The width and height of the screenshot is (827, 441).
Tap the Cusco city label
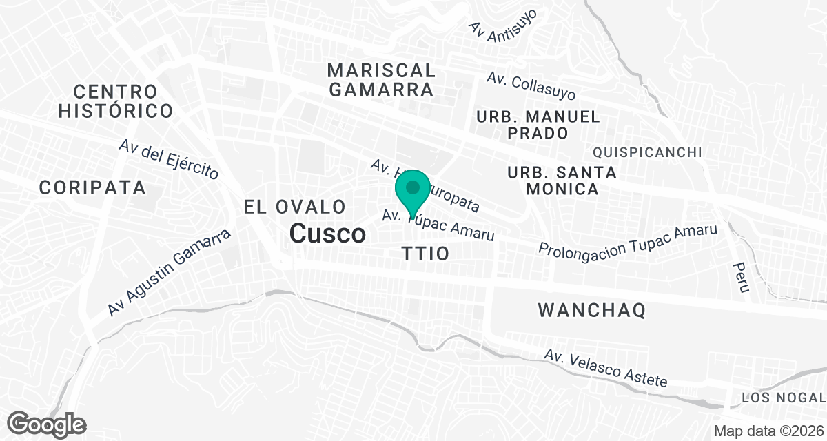pos(327,234)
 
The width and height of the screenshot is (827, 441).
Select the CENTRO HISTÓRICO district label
pos(115,101)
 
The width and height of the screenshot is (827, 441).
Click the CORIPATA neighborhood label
pos(92,187)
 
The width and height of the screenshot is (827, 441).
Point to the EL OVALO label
pos(294,206)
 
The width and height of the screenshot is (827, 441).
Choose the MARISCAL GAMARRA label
pos(381,79)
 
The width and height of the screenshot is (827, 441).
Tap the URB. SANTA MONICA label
pos(553,180)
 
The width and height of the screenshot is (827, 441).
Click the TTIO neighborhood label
pos(425,254)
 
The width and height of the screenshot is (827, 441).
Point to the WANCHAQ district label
pos(591,310)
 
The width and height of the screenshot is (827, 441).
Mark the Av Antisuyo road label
pos(502,23)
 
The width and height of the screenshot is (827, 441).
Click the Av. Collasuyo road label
pos(531,85)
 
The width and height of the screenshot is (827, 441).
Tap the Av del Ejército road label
pos(168,159)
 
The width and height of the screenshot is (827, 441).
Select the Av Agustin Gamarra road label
pos(169,274)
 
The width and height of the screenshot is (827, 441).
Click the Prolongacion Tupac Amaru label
pos(629,238)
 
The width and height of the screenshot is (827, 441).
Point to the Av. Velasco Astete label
pos(605,368)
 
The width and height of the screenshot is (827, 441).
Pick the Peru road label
pos(741,277)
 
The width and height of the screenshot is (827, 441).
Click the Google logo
pos(47,423)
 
